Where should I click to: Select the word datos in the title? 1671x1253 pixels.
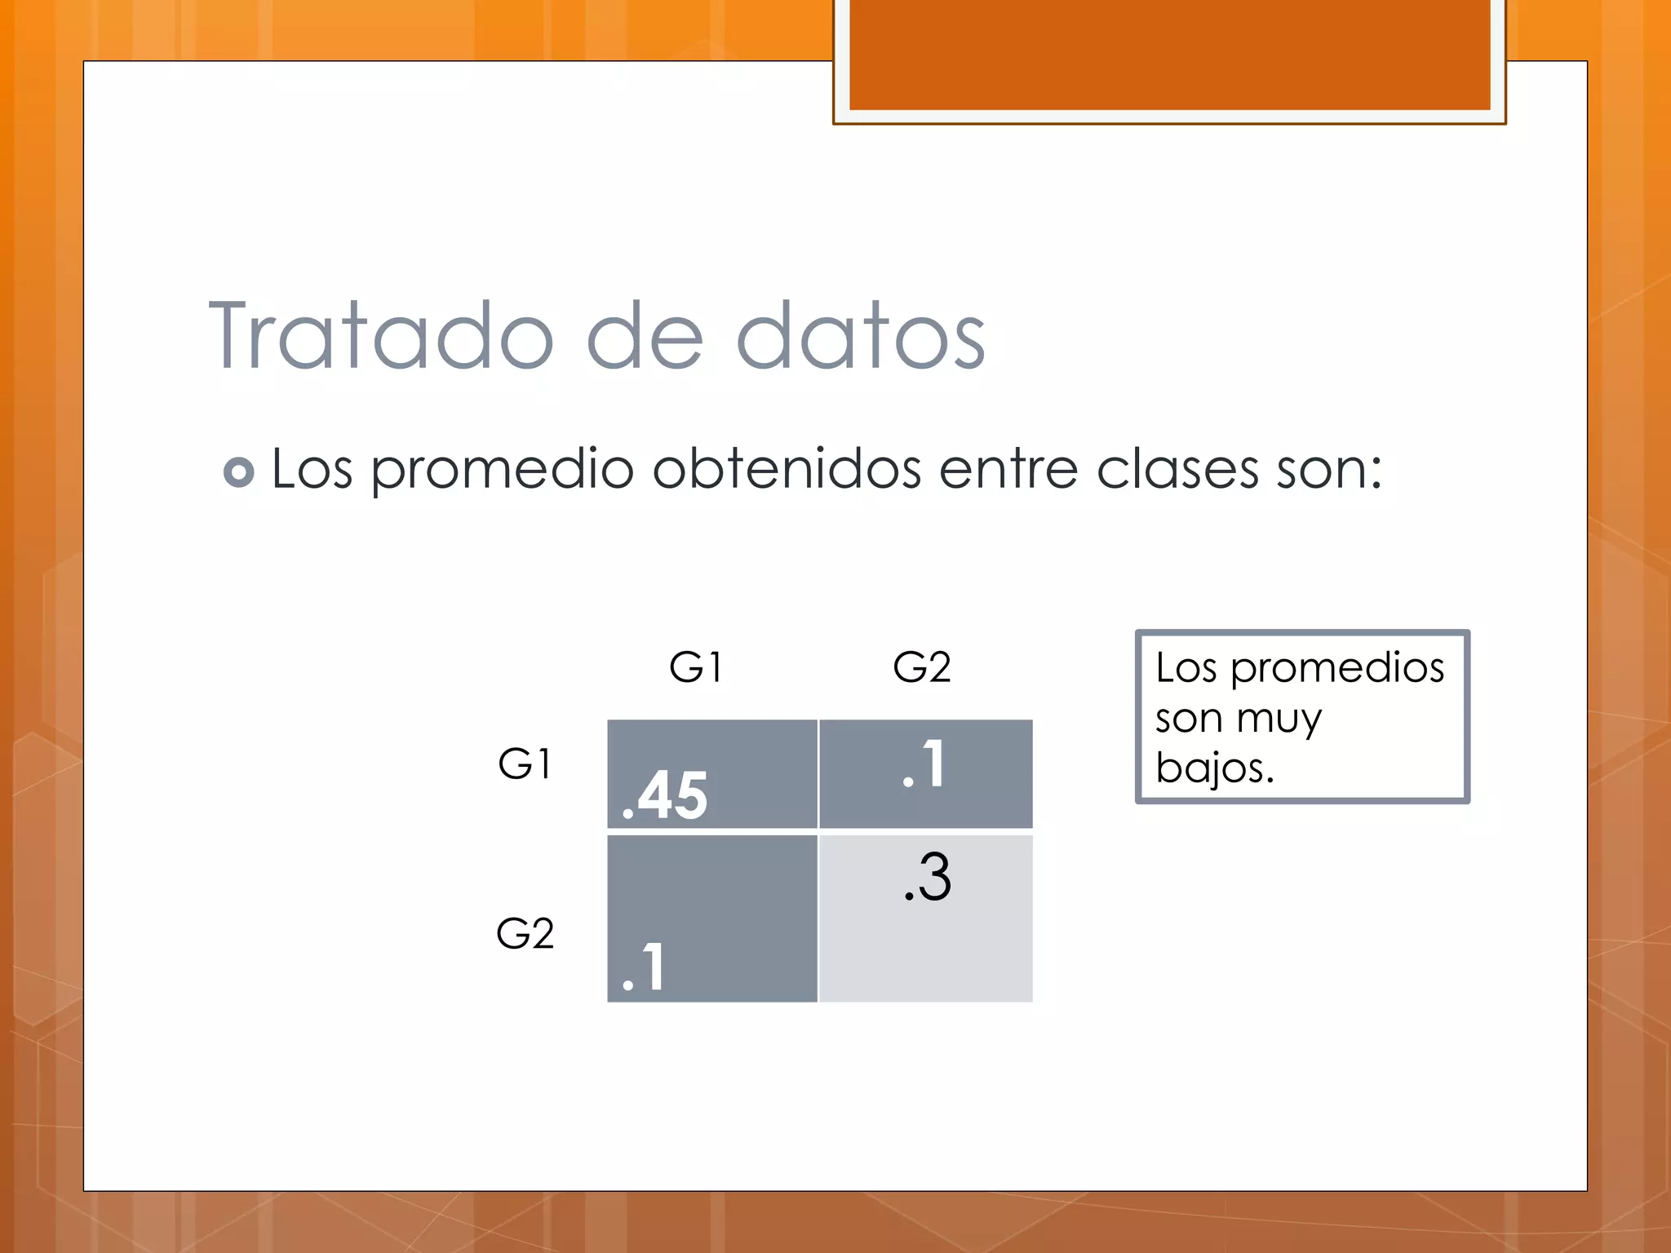pos(861,336)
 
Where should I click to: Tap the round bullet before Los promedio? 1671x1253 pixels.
pos(238,472)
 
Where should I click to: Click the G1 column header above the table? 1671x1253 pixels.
pos(695,667)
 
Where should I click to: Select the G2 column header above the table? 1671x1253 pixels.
pos(922,667)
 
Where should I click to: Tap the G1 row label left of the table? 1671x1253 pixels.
pos(525,764)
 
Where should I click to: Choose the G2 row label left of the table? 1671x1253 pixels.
pos(525,933)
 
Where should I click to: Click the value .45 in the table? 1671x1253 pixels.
pos(665,795)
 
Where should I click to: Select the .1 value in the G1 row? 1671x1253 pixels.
pos(924,764)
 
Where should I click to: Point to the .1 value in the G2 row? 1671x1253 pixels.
pos(644,967)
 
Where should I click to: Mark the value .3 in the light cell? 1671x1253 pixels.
pos(928,878)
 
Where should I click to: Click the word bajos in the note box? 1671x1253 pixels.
pos(1213,768)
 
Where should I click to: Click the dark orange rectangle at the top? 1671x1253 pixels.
pos(1169,54)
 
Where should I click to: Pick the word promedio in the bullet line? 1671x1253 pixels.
pos(502,471)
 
